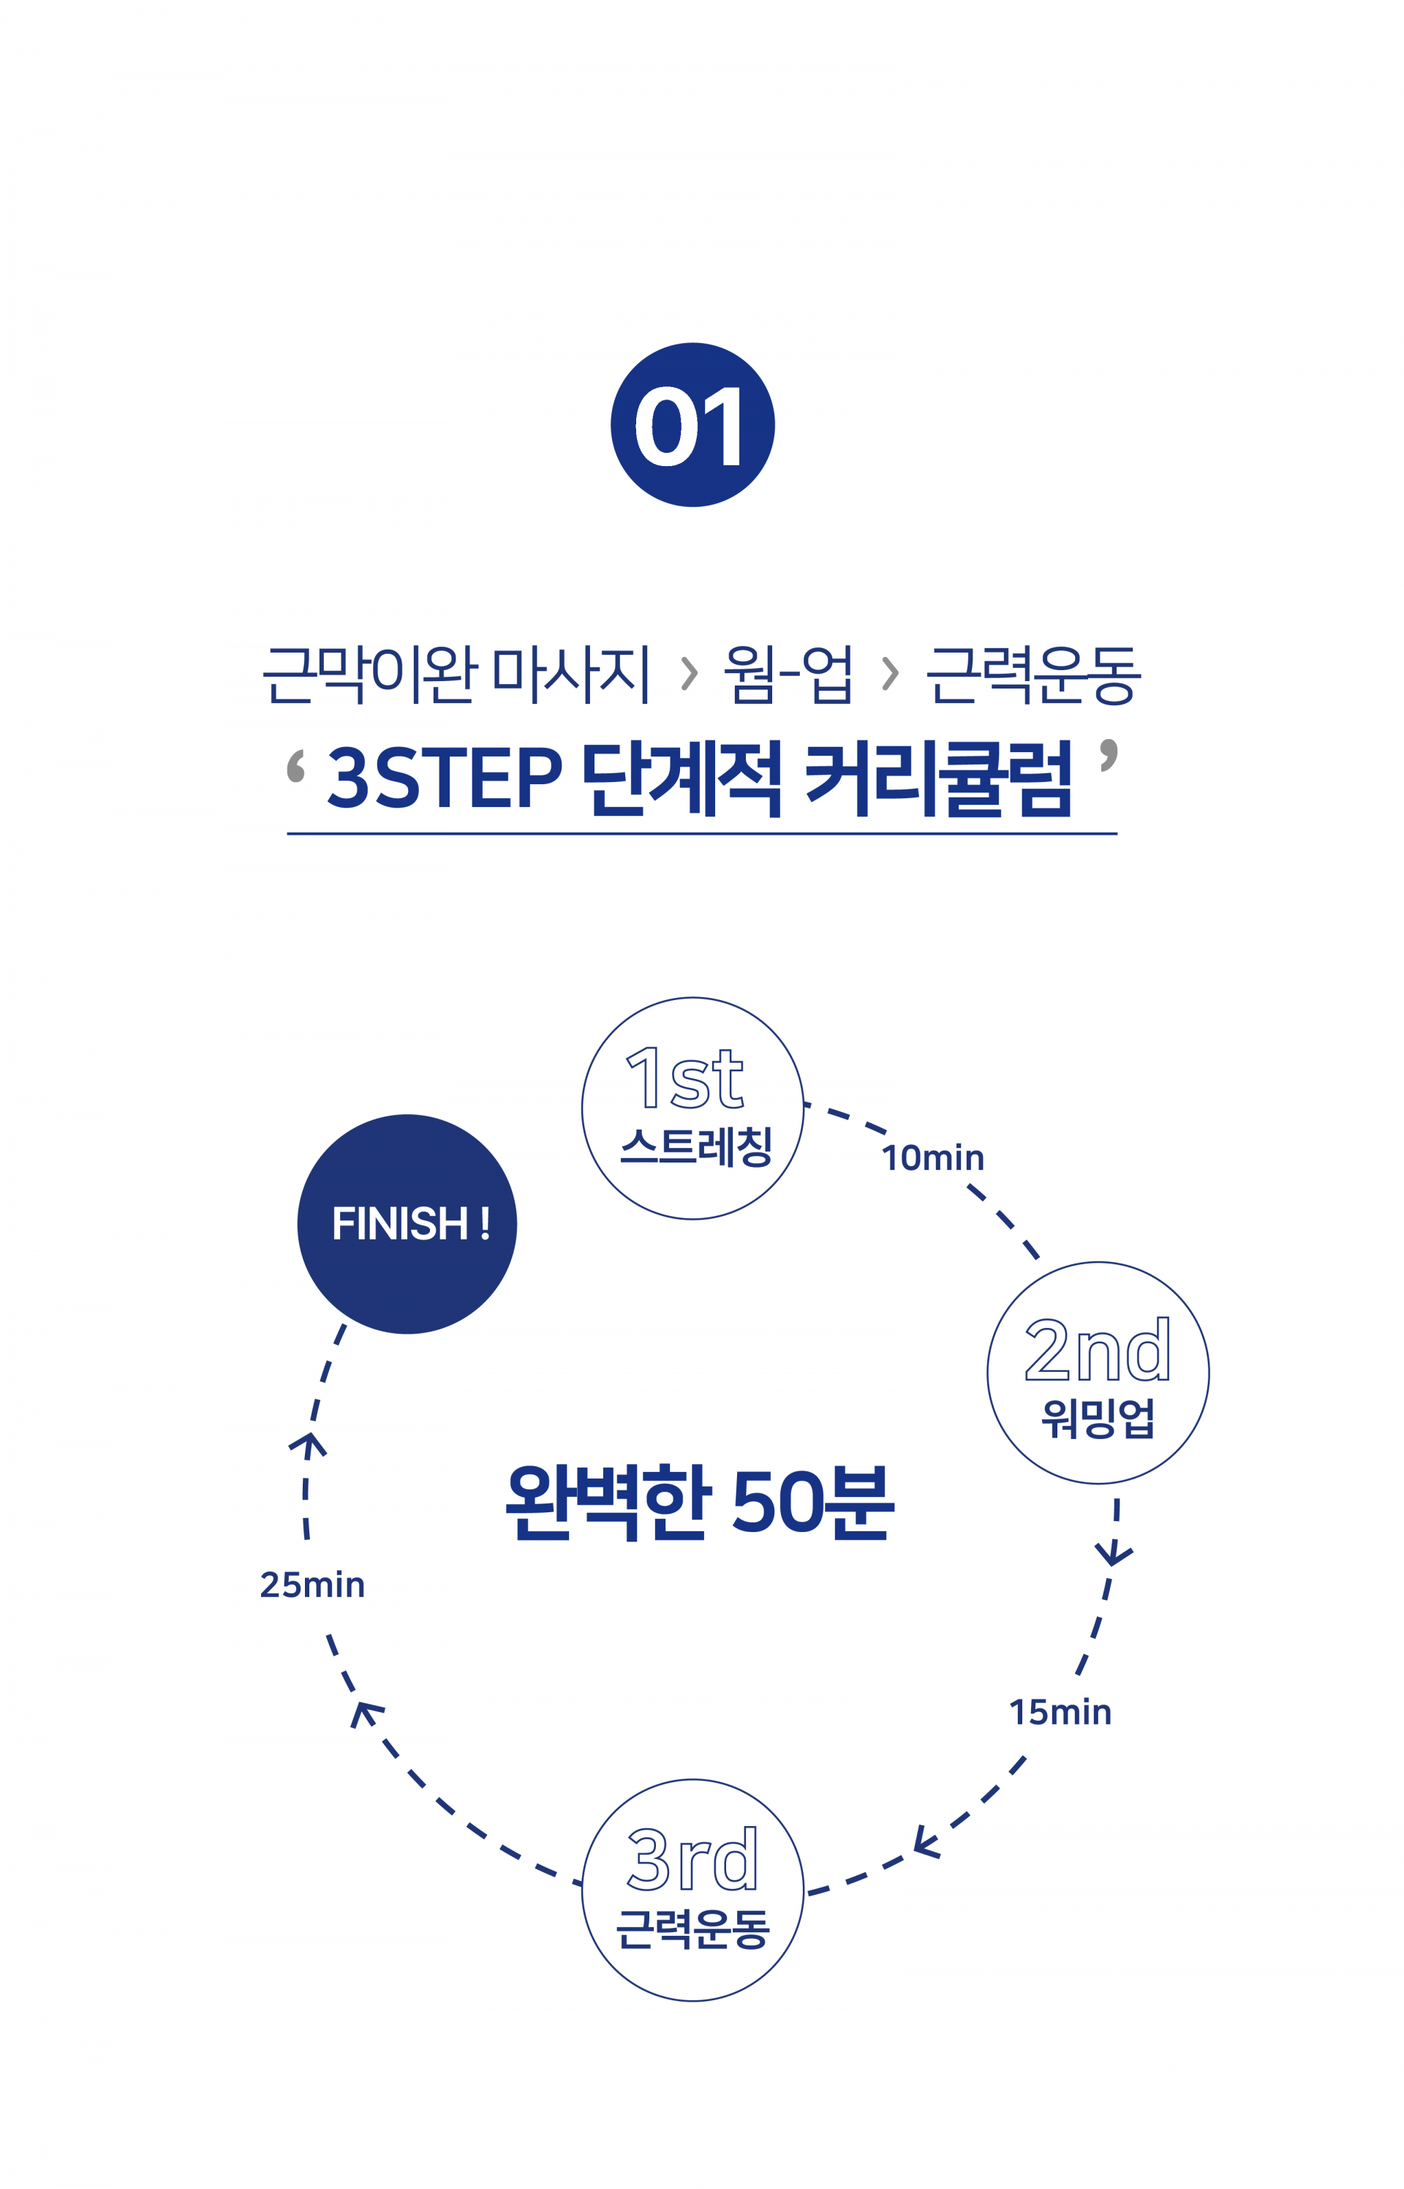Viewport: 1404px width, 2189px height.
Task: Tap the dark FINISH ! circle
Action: click(x=407, y=1224)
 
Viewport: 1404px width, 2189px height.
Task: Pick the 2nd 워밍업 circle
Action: click(x=1098, y=1373)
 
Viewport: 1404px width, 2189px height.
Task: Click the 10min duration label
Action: click(x=932, y=1158)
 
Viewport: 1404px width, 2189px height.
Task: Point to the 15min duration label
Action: click(x=1060, y=1713)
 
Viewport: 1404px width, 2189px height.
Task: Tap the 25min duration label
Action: click(x=312, y=1585)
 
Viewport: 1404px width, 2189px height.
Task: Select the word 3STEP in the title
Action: click(x=444, y=778)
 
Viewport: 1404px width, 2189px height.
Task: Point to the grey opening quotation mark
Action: click(x=295, y=766)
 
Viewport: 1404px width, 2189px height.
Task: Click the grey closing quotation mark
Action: click(x=1108, y=756)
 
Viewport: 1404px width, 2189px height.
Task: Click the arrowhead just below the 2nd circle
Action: click(x=1113, y=1552)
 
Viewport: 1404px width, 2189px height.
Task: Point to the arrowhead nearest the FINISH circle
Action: click(x=308, y=1443)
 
